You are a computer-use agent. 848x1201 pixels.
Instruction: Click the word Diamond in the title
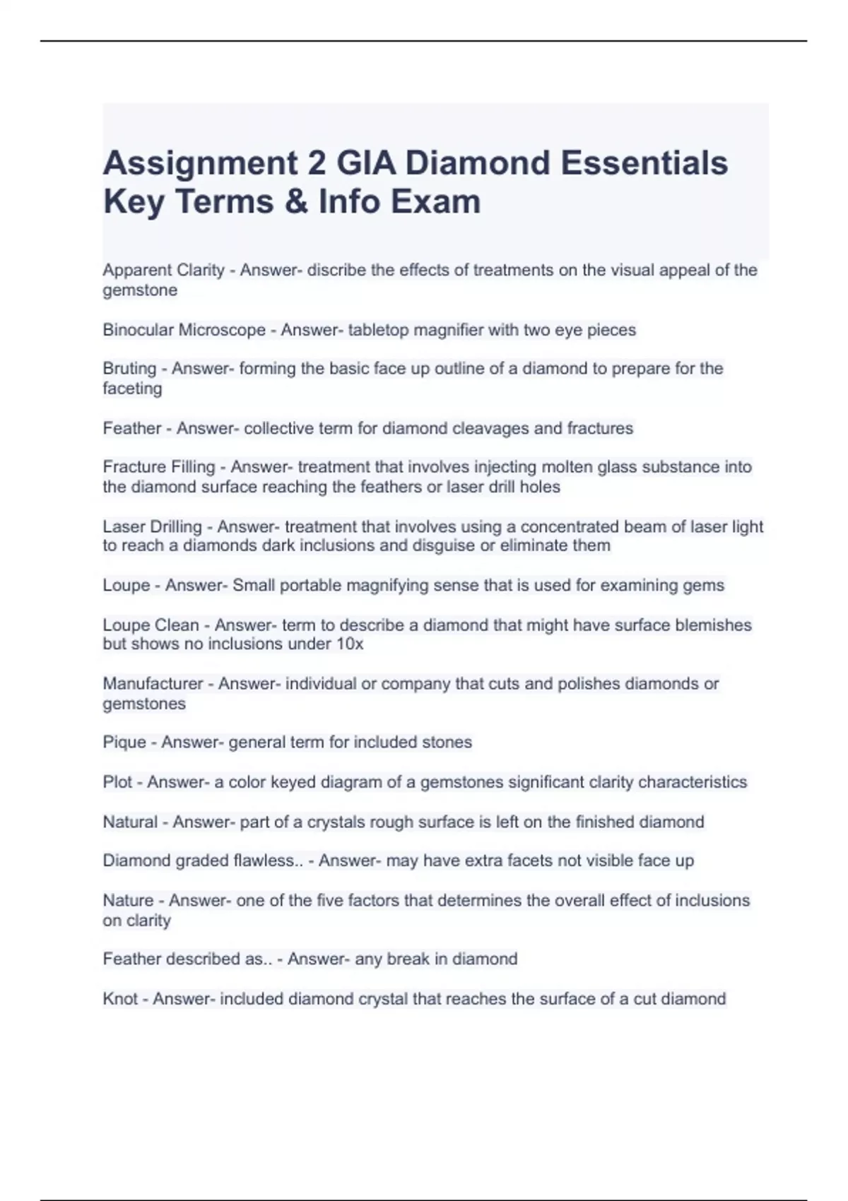[477, 163]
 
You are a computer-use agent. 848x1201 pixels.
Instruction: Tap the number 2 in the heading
[317, 163]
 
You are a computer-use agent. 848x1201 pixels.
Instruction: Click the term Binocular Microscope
[184, 330]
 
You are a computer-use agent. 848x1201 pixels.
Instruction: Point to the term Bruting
[129, 368]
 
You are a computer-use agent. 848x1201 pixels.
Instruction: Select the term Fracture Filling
[158, 467]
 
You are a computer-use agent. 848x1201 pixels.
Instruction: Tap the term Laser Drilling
[152, 526]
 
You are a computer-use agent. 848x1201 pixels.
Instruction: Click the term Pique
[124, 743]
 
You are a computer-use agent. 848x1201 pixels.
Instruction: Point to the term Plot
[117, 782]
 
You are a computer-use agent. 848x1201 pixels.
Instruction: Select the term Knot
[119, 999]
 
